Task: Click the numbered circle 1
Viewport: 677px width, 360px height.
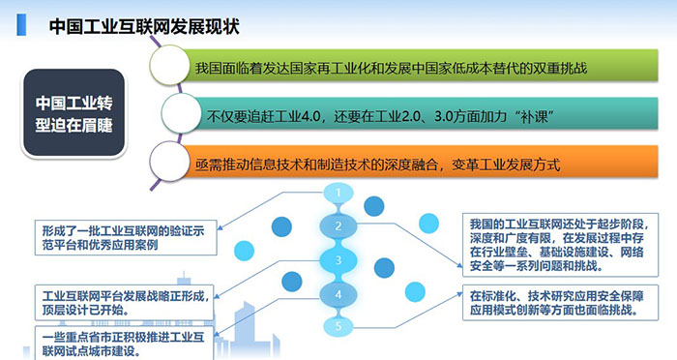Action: pos(338,195)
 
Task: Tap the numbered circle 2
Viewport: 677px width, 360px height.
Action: pos(338,227)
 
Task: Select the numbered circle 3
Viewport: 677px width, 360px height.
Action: pos(338,260)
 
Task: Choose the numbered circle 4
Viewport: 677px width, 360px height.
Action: pos(338,294)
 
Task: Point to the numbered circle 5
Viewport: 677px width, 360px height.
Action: pos(338,327)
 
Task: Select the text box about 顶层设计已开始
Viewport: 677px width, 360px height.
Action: pos(121,295)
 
